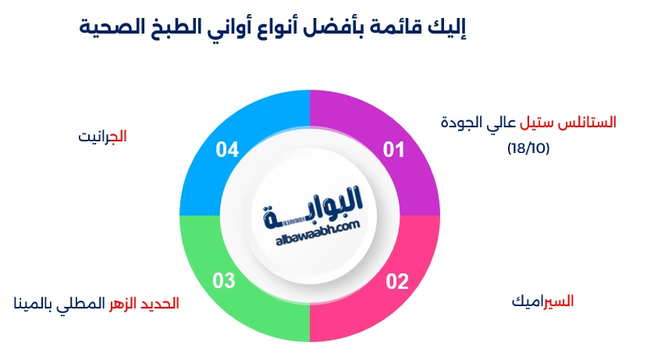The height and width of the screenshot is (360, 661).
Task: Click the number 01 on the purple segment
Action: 394,150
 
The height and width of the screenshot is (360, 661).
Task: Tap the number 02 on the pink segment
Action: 397,281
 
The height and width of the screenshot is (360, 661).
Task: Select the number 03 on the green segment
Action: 223,281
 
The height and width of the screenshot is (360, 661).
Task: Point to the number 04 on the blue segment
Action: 227,150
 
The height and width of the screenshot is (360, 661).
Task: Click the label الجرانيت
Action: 102,137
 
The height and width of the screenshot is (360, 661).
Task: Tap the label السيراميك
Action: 542,301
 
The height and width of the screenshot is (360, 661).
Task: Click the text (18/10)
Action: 528,148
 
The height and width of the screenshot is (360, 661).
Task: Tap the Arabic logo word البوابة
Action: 313,208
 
